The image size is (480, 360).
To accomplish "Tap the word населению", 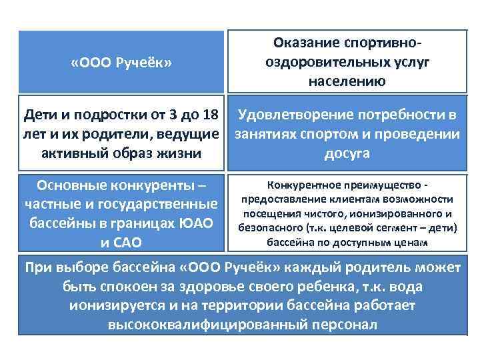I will click(x=346, y=81).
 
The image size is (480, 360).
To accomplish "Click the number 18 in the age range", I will click(x=207, y=116).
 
